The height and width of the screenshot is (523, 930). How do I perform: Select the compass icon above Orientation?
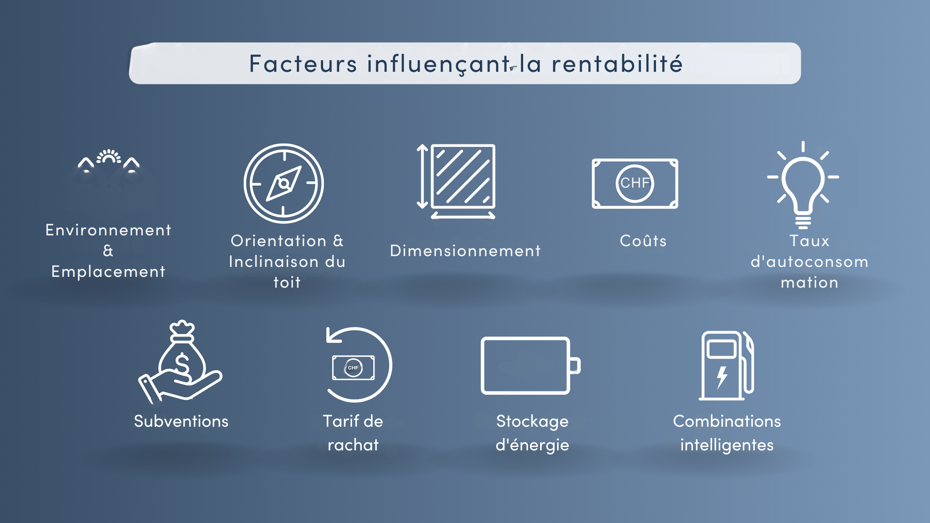pyautogui.click(x=284, y=183)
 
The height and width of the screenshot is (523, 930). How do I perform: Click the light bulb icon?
pyautogui.click(x=803, y=185)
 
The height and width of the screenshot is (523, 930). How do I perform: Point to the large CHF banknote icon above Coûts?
pyautogui.click(x=635, y=183)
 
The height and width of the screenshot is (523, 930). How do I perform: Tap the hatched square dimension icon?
pyautogui.click(x=463, y=176)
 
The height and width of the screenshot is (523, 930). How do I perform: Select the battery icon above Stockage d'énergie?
pyautogui.click(x=529, y=366)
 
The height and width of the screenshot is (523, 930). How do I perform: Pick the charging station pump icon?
pyautogui.click(x=726, y=366)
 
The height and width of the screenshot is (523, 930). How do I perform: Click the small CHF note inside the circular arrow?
pyautogui.click(x=353, y=368)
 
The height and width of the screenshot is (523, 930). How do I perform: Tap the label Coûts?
pyautogui.click(x=643, y=241)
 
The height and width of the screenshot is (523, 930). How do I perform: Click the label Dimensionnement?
pyautogui.click(x=465, y=251)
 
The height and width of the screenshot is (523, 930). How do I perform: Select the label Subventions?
pyautogui.click(x=181, y=421)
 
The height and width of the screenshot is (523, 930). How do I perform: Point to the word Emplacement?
pyautogui.click(x=108, y=272)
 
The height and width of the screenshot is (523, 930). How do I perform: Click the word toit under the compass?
pyautogui.click(x=287, y=283)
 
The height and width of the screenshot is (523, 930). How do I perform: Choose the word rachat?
pyautogui.click(x=353, y=445)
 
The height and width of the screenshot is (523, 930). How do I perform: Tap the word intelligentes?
pyautogui.click(x=727, y=445)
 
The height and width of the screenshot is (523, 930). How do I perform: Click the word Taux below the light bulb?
pyautogui.click(x=809, y=241)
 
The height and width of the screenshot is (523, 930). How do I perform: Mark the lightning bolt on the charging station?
pyautogui.click(x=722, y=377)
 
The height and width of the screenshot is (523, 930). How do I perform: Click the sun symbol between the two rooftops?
pyautogui.click(x=109, y=156)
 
